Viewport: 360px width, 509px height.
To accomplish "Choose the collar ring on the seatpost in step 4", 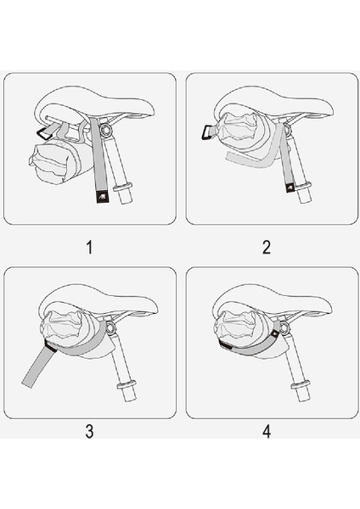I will pyautogui.click(x=298, y=391).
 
